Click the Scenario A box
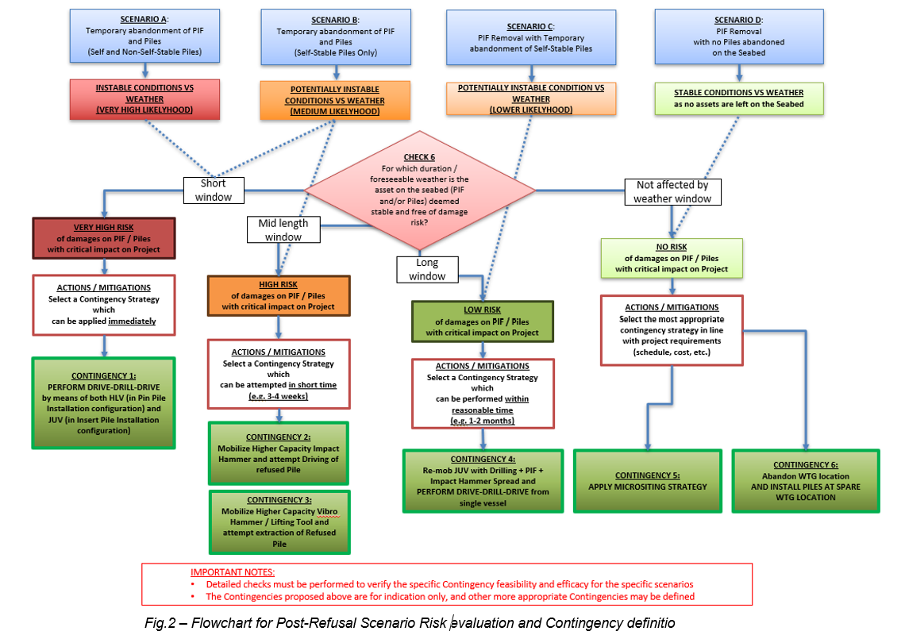point(144,37)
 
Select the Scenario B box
point(336,37)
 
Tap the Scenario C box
point(531,37)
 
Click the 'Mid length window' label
point(283,229)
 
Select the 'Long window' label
point(426,269)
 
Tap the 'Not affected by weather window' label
point(672,191)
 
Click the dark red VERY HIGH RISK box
point(104,238)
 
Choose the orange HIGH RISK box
point(279,295)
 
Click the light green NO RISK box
point(672,258)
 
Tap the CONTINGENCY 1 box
point(103,402)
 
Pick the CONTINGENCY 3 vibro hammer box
point(278,521)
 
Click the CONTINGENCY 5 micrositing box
point(648,481)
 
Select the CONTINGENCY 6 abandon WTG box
point(805,481)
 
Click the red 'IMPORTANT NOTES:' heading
point(233,571)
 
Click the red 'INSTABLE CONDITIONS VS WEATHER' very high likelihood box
point(144,98)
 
